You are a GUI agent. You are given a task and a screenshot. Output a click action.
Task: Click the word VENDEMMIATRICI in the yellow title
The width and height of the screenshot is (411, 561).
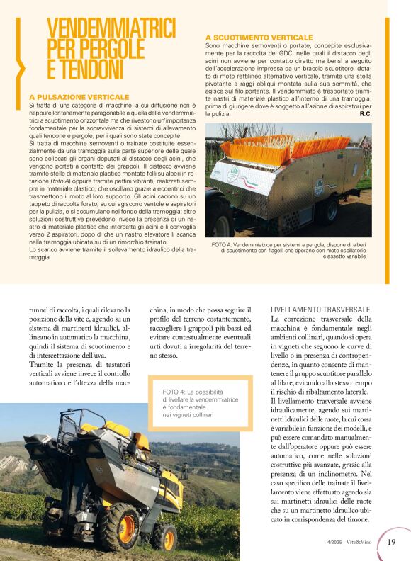click(111, 29)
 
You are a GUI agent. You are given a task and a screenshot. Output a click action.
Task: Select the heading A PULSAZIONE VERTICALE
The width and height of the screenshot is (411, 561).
click(79, 96)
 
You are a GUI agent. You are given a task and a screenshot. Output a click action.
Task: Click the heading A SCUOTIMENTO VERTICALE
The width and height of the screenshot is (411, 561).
click(258, 37)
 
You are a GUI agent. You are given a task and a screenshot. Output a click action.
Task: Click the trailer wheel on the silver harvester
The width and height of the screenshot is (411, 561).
click(328, 210)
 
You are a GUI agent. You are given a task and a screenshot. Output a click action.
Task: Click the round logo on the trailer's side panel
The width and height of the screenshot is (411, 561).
click(319, 187)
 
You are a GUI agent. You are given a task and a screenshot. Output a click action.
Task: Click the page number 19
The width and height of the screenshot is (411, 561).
click(392, 543)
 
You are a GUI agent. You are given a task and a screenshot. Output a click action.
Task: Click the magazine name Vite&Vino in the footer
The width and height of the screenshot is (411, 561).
click(362, 543)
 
